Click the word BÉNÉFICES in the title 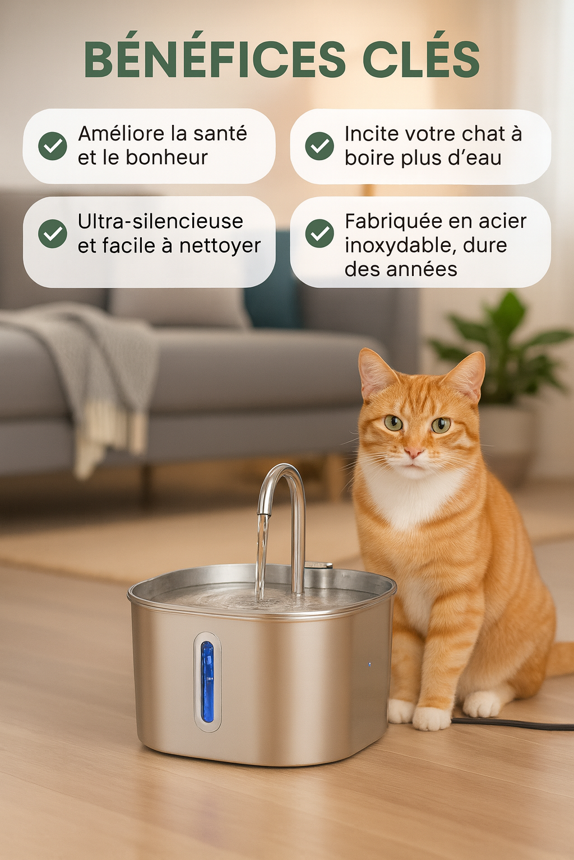pos(215,60)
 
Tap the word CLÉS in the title pos(421,60)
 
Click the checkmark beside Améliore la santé pos(53,146)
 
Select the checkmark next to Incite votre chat pos(320,146)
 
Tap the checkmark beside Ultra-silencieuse pos(53,233)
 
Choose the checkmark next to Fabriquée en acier pos(320,233)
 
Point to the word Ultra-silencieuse pos(160,222)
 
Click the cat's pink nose pos(414,452)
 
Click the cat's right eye pos(393,423)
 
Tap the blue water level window pos(207,681)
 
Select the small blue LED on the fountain pos(369,665)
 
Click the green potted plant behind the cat pos(504,347)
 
